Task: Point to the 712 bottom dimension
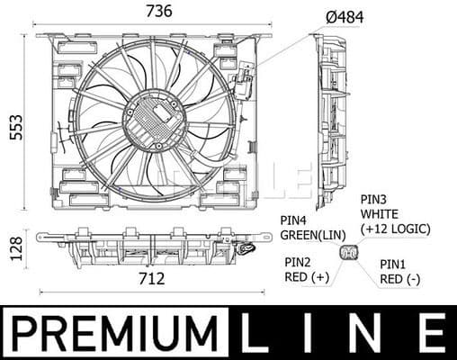point(153,279)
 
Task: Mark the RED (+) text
point(307,277)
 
